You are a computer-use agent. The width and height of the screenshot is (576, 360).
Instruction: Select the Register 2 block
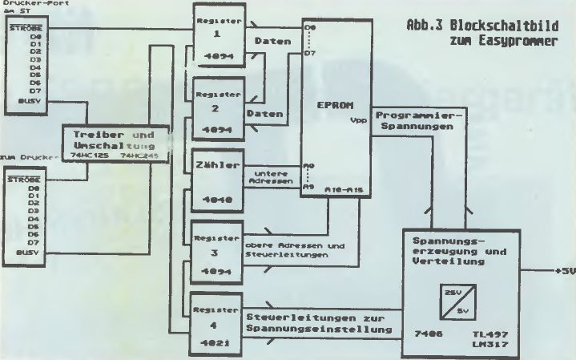[214, 108]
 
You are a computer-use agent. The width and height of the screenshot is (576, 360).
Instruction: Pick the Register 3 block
[214, 253]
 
